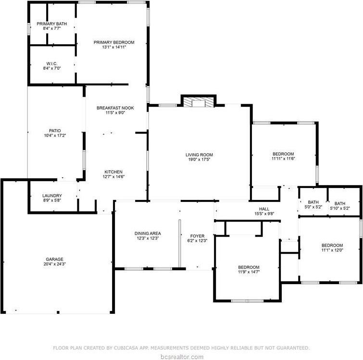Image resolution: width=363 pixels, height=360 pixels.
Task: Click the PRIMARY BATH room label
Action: [52, 23]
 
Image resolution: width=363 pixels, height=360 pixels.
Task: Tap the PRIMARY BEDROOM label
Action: [114, 42]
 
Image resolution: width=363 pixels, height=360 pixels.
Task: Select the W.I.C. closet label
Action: [52, 63]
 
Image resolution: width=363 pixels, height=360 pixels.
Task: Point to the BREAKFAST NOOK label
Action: [115, 108]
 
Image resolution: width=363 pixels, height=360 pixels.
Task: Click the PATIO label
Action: [54, 130]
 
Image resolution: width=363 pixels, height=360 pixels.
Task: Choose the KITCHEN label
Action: [114, 172]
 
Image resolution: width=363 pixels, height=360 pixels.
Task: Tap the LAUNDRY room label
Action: [52, 195]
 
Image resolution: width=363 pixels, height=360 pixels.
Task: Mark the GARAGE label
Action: [54, 259]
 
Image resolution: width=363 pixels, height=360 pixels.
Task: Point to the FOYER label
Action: [197, 236]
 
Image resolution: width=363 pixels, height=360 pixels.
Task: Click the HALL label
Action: [264, 209]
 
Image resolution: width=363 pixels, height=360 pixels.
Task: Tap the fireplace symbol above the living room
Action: [198, 101]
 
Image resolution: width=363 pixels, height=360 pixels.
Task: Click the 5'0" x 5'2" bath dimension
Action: [313, 207]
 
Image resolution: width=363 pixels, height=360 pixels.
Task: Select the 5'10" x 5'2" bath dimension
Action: [340, 208]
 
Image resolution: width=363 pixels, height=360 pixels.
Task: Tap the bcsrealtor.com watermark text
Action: [182, 356]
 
